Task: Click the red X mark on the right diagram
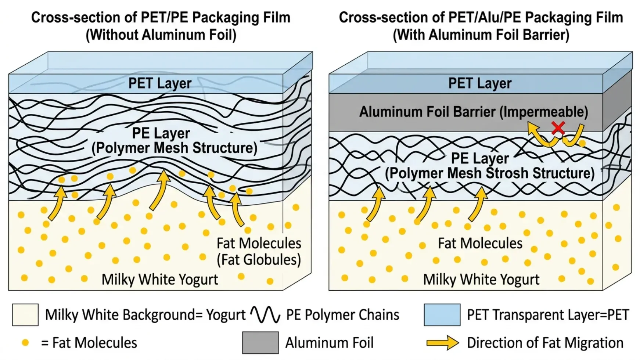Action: tap(558, 128)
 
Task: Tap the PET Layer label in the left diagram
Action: tap(160, 83)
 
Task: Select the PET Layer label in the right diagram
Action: tap(480, 83)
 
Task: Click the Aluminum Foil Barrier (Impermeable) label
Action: tap(474, 112)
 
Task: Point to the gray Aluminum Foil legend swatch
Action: tap(260, 342)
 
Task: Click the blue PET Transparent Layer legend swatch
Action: tap(442, 315)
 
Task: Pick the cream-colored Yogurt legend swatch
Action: tap(25, 315)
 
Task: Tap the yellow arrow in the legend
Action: tap(443, 343)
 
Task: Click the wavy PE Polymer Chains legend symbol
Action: tap(265, 315)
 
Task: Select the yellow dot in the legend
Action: tap(25, 343)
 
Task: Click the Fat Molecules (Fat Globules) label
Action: tap(259, 251)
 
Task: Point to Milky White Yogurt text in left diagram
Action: tap(160, 280)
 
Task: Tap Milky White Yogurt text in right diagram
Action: tap(481, 280)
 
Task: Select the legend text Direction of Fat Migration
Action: tap(545, 343)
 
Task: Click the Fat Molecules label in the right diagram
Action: tap(480, 243)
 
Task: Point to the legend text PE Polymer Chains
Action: tap(343, 315)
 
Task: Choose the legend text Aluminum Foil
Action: tap(330, 343)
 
